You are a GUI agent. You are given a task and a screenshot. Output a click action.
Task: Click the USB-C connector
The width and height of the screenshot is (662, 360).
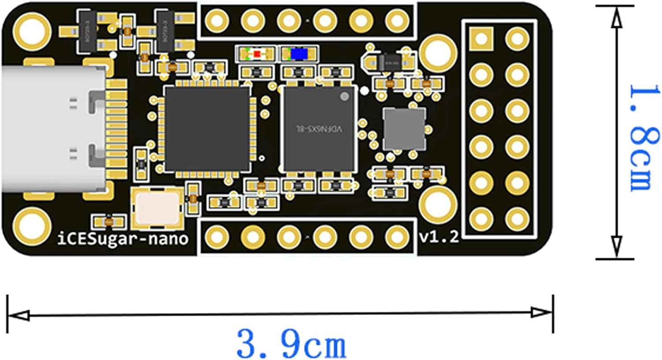point(53,130)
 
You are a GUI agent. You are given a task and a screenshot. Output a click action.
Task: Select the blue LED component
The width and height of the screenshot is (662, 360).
point(299,54)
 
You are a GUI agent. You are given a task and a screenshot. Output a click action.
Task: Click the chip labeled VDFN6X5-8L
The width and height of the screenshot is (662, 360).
point(319,128)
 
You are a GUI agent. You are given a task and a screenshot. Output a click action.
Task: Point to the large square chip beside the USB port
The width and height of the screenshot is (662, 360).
point(207,128)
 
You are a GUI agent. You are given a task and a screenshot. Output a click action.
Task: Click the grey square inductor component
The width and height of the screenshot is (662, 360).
point(404,129)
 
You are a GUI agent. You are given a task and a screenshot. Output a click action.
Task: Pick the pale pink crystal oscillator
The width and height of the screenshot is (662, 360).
point(158,208)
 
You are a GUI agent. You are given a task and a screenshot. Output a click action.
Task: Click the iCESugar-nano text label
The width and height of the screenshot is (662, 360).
point(123,239)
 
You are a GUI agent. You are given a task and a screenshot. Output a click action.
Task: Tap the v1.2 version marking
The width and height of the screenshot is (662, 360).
point(439,237)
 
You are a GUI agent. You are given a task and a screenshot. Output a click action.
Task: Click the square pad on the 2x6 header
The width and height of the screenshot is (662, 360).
point(481,38)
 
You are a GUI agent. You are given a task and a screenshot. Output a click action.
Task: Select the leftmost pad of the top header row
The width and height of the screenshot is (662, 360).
point(217,20)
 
